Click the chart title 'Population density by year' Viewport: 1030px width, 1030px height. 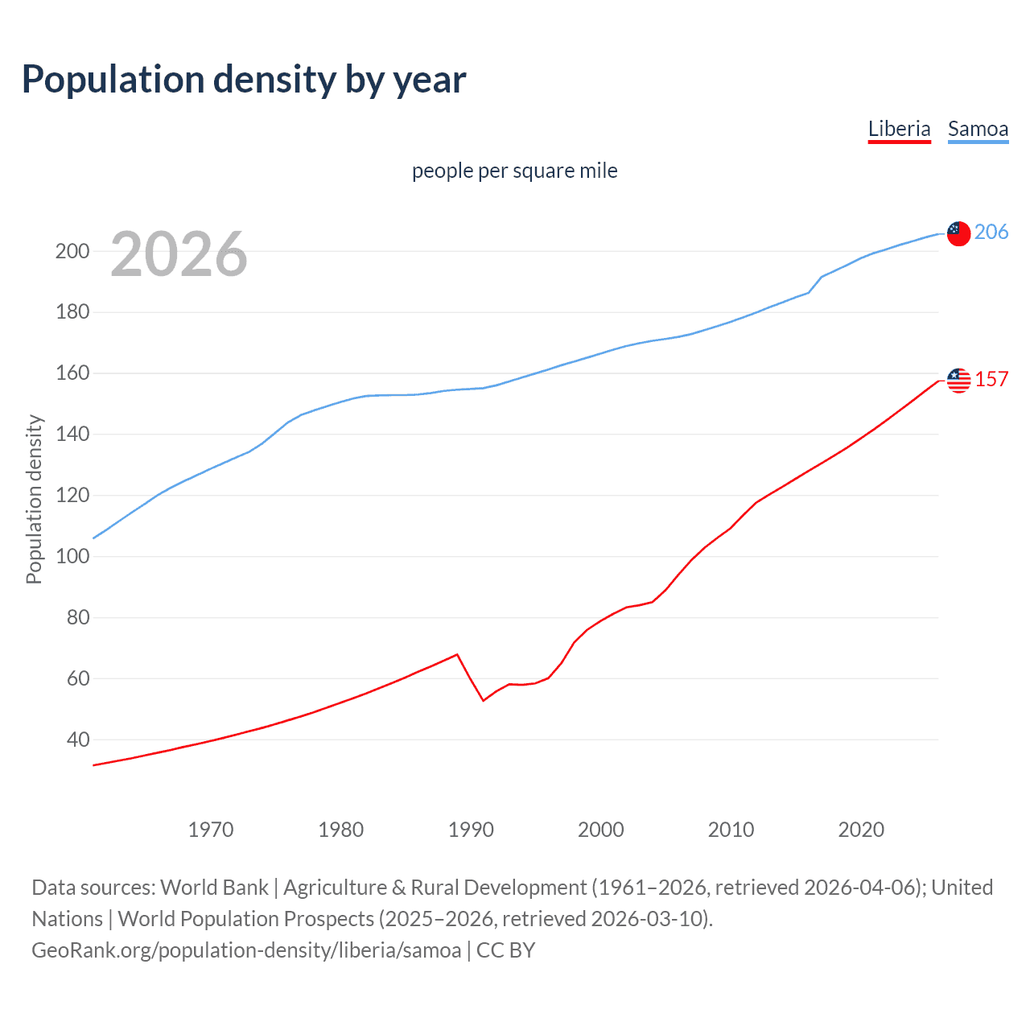pos(244,80)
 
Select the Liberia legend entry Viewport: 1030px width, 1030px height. pos(899,129)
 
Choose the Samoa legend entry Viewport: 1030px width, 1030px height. pos(978,129)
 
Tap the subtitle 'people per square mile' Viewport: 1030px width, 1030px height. pos(514,171)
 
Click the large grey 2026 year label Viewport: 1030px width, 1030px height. pos(179,254)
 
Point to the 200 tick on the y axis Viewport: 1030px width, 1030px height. pos(72,251)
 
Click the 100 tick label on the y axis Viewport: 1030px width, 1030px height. pos(72,556)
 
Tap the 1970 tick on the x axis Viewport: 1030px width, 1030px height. pos(211,830)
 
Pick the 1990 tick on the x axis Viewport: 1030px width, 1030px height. pos(471,830)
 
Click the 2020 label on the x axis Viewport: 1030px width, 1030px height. pos(861,830)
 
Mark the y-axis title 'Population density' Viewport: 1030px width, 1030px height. pos(34,499)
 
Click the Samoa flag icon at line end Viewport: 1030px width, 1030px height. pos(958,233)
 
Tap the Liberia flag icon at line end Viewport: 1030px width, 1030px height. pos(958,381)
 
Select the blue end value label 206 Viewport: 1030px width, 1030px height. pos(991,232)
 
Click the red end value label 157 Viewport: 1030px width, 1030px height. pos(991,379)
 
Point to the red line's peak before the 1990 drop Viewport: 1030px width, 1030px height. pos(457,654)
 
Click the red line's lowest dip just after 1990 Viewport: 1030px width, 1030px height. pos(484,701)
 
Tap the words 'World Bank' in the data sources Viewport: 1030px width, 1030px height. pos(214,887)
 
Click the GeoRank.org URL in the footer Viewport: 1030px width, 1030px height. pos(246,950)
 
